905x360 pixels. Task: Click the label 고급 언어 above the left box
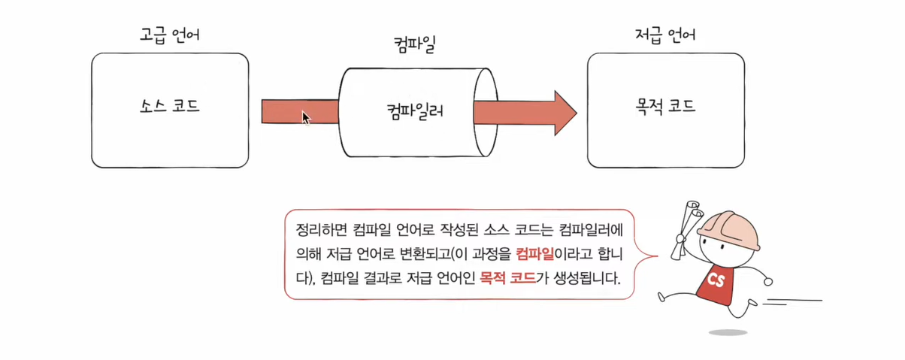tap(170, 35)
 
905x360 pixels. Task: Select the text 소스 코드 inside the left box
tap(170, 106)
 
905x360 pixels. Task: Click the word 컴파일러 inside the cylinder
tap(412, 113)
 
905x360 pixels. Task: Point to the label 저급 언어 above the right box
tap(665, 35)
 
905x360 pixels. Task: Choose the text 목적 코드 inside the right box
tap(665, 106)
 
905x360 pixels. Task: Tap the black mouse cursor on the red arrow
tap(306, 118)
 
